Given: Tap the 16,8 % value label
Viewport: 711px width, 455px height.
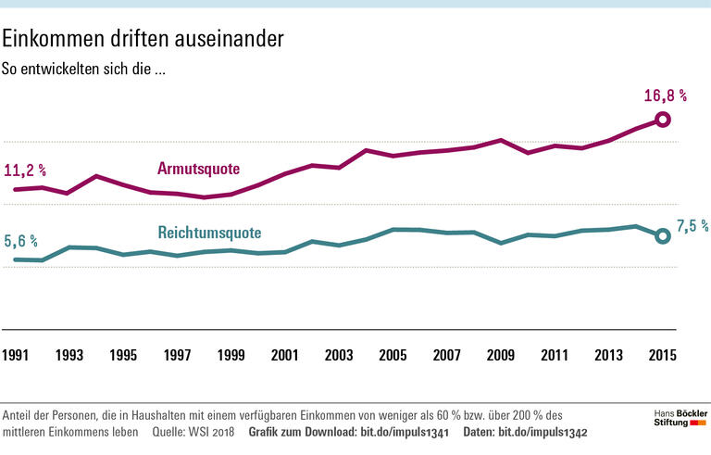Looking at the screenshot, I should click(665, 95).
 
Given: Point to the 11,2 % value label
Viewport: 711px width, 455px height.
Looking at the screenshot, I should click(25, 171).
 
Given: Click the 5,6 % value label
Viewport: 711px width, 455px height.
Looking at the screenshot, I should click(20, 240).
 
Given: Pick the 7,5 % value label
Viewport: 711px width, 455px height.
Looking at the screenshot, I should click(692, 225).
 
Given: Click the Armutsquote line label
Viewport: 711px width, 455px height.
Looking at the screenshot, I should click(198, 169).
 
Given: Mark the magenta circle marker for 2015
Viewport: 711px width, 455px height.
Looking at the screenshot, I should click(662, 119).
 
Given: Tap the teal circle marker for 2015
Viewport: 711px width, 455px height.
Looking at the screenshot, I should click(662, 236).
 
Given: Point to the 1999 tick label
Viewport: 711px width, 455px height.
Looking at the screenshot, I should click(231, 355).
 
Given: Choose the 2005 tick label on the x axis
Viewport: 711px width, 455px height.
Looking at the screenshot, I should click(393, 355).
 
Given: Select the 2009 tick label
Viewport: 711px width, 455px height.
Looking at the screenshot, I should click(500, 355).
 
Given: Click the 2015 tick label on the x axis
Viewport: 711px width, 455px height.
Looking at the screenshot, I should click(661, 355).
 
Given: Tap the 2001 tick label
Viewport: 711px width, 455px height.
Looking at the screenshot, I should click(285, 355).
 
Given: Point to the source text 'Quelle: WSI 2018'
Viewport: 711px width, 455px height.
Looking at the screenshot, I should click(193, 433).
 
